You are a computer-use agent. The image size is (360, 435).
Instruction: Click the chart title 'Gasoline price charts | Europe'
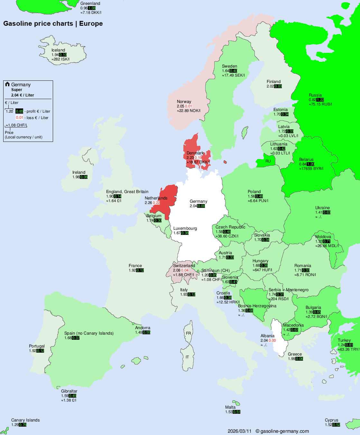tap(53, 23)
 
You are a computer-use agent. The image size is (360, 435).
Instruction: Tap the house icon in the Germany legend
tap(7, 84)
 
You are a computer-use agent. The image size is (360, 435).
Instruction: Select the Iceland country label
tap(58, 50)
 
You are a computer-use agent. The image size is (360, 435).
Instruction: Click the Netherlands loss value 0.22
tap(156, 203)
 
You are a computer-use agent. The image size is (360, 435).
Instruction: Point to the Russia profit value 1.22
tap(320, 100)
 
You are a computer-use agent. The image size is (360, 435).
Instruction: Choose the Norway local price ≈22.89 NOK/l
tap(189, 111)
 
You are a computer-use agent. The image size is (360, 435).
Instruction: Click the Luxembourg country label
tap(185, 228)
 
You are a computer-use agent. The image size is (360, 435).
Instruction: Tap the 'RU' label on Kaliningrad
tap(268, 161)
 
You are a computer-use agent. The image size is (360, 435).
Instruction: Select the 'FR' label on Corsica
tap(188, 333)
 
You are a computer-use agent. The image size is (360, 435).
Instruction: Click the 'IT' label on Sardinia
tap(187, 357)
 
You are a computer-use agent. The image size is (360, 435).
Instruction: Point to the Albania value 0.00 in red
tap(272, 340)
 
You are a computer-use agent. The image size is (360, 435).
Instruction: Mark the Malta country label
tap(230, 407)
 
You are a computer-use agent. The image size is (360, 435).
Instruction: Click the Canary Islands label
tap(25, 420)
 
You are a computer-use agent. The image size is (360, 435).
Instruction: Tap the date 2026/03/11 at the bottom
tap(239, 431)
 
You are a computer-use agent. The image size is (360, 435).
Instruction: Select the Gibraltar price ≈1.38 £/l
tap(69, 400)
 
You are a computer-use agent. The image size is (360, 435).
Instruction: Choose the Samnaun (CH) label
tap(216, 271)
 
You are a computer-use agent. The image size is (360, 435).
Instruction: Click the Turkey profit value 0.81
tap(349, 345)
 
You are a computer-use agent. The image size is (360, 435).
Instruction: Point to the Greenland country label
tap(90, 4)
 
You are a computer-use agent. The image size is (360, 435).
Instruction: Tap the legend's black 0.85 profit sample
tap(19, 111)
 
